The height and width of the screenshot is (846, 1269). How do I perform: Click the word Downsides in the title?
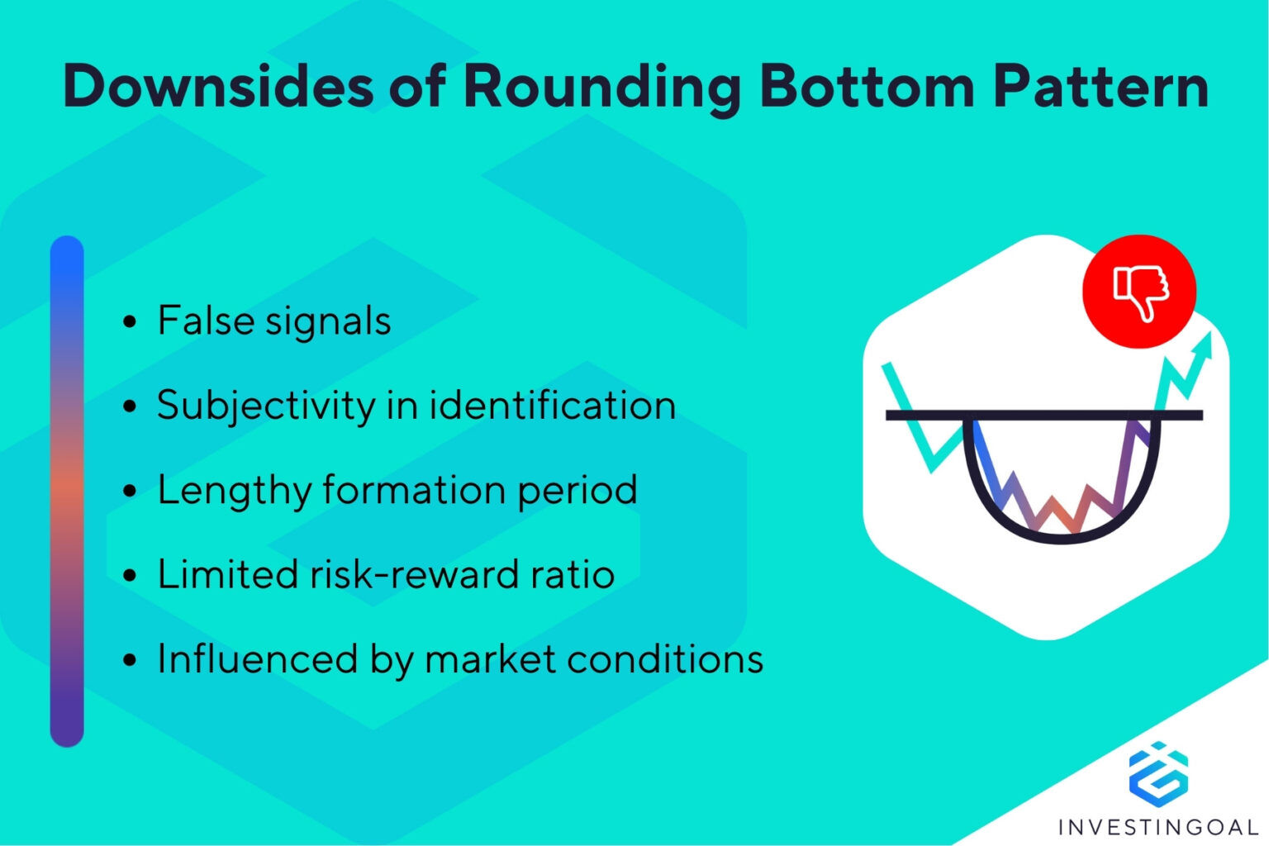[x=216, y=86]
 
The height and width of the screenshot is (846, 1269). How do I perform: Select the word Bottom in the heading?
[x=867, y=86]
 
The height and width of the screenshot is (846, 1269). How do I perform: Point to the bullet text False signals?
[x=273, y=321]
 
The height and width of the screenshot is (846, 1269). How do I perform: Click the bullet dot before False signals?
[x=129, y=322]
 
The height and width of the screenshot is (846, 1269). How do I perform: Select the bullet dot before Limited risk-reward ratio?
[x=129, y=576]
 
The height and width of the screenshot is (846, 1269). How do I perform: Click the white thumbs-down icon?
[x=1140, y=292]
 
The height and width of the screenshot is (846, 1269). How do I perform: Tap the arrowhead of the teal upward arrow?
[x=1205, y=343]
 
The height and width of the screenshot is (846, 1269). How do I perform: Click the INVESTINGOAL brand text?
[x=1157, y=826]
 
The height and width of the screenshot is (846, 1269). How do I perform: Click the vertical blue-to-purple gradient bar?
[x=67, y=491]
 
